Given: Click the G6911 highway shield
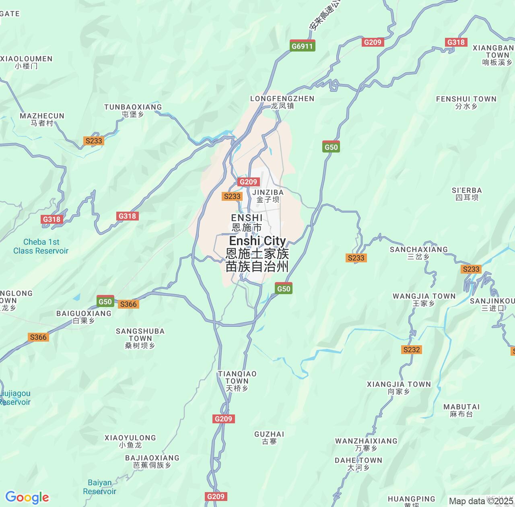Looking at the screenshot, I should coord(302,46).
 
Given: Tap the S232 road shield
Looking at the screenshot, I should coord(411,350).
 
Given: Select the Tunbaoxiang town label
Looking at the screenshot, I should coord(133,110).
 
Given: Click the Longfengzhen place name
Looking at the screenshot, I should coord(282,102).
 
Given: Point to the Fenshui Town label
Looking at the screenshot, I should coord(466,102).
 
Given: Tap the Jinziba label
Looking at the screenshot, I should coord(268,196).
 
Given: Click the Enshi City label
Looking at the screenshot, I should coord(257,253).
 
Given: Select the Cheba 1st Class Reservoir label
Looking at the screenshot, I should coord(41,246).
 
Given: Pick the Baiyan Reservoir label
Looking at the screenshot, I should coord(99,487).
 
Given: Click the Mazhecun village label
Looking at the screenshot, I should coord(42,119).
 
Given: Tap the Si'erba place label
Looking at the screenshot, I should coord(467,194).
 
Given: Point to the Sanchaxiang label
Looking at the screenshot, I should coord(419,253).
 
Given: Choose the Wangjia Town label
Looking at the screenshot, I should coord(424,299).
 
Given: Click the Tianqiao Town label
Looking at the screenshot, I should coord(237,381).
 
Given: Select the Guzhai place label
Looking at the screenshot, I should coord(269,437).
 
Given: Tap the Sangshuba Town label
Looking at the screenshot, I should coord(140,338).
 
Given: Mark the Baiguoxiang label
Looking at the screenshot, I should coord(84,317).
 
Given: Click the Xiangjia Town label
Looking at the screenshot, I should coord(399,387).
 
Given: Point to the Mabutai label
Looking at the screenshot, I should coord(461,410).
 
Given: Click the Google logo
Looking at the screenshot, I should coord(27,497).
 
